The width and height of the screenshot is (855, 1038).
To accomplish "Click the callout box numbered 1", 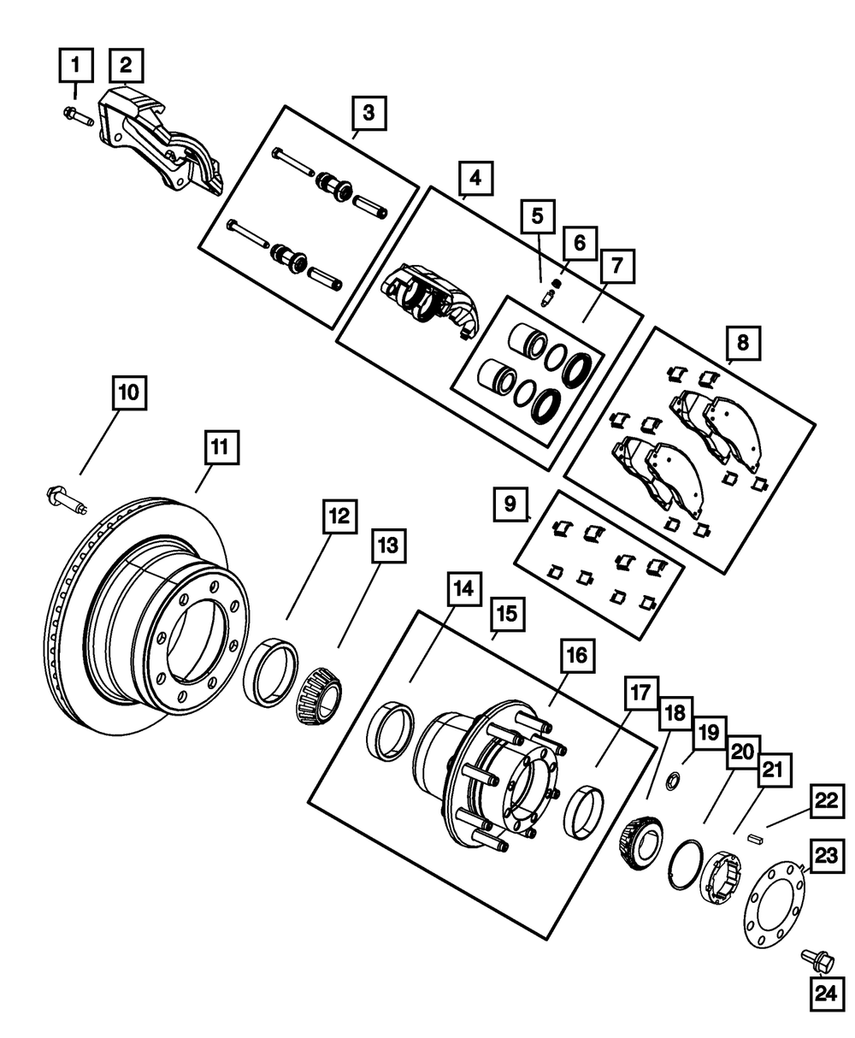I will (x=74, y=64).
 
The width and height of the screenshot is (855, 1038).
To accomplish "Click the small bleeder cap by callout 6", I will (x=557, y=283).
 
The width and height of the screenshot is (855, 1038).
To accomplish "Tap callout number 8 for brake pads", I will (x=742, y=344).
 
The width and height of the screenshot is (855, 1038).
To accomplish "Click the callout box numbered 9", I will (x=510, y=504).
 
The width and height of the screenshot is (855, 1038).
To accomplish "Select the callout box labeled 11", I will (x=221, y=446).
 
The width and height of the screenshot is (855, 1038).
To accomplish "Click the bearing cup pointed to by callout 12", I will (x=271, y=672).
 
